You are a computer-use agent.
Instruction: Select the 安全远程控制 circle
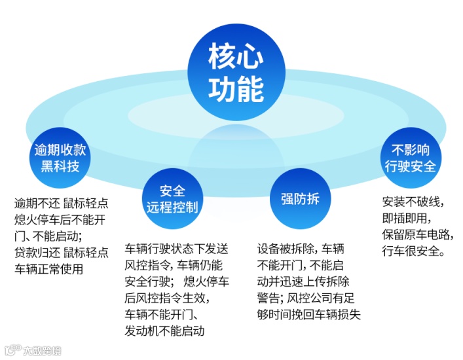[x=172, y=198]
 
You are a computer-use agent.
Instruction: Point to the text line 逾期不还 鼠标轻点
[x=61, y=202]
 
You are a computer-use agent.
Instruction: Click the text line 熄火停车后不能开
[x=61, y=219]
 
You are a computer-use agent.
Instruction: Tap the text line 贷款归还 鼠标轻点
[x=61, y=252]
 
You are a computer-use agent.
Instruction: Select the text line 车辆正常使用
[x=48, y=268]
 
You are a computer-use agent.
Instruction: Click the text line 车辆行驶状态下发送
[x=176, y=249]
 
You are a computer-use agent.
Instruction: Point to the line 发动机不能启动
[x=164, y=331]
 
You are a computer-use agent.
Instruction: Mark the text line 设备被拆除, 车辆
[x=301, y=249]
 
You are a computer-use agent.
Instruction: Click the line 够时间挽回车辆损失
[x=309, y=314]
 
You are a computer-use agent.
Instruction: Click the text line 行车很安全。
[x=413, y=251]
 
